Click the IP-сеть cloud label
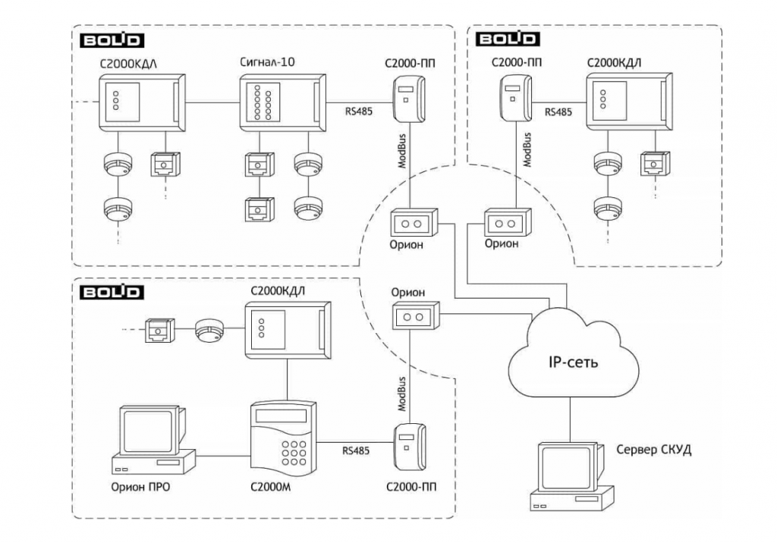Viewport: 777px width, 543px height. click(573, 362)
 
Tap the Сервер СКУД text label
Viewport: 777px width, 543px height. click(653, 450)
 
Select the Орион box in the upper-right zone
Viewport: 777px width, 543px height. click(508, 223)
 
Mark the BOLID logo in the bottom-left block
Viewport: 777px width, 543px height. click(112, 290)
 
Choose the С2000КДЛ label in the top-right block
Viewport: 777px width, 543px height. click(614, 61)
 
